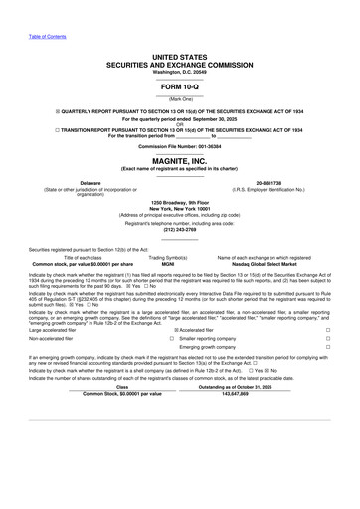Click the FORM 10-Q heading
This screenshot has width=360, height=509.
180,85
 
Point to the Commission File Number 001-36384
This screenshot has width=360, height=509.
180,145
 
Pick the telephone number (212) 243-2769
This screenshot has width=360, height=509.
180,230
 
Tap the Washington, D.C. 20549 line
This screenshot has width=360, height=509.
180,71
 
